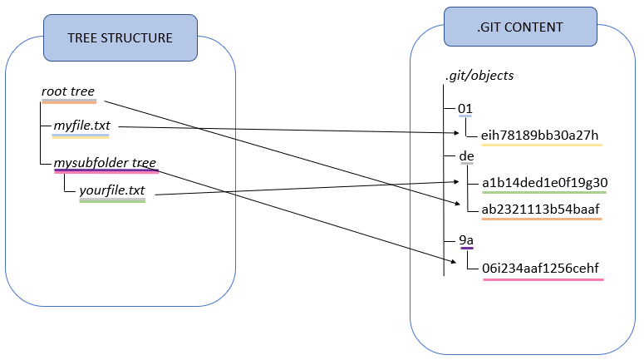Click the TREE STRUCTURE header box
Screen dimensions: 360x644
(x=120, y=37)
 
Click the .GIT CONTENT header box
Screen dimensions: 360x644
(x=520, y=27)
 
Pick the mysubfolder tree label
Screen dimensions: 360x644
(x=105, y=163)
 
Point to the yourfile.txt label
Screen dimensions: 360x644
(x=112, y=191)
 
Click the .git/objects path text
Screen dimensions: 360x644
(x=479, y=76)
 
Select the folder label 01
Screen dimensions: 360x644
(x=465, y=109)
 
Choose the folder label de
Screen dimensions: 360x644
(x=466, y=155)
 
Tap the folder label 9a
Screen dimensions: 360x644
(x=466, y=240)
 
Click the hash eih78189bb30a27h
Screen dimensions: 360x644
(x=539, y=136)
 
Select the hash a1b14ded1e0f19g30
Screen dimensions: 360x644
(x=544, y=183)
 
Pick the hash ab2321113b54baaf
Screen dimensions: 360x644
(x=540, y=209)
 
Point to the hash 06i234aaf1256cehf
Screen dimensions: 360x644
(x=540, y=269)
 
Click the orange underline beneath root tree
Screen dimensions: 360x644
(x=69, y=101)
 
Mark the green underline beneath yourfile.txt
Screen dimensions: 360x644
(x=112, y=201)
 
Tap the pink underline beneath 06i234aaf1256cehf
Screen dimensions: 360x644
(x=543, y=279)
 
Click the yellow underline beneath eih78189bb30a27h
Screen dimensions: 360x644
(x=541, y=145)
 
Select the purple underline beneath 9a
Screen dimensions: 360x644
(x=466, y=248)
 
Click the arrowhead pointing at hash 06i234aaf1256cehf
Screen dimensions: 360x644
(x=451, y=262)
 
